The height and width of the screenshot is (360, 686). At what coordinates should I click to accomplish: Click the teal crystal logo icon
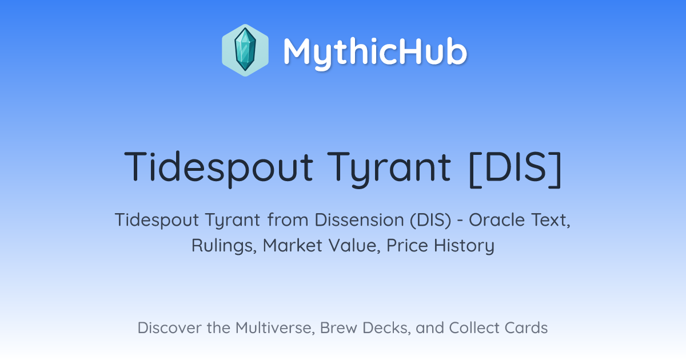click(x=245, y=50)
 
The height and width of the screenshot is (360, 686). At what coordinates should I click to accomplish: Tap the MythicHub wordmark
click(x=375, y=52)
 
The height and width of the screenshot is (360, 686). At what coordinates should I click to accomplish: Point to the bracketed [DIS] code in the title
click(x=516, y=168)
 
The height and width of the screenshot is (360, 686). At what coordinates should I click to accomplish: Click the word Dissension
click(x=359, y=220)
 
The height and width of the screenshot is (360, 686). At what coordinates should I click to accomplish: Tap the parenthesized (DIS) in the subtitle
click(x=430, y=220)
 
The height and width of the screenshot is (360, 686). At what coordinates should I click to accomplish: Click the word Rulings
click(x=224, y=246)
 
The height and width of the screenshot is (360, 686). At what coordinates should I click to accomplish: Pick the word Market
click(x=293, y=245)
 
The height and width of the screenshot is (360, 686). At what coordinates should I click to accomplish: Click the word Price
click(x=407, y=245)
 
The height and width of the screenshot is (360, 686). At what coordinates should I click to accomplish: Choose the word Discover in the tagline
click(x=170, y=328)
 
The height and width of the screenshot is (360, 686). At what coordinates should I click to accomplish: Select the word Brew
click(x=338, y=328)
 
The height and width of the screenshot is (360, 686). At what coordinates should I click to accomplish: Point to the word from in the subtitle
click(x=288, y=220)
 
